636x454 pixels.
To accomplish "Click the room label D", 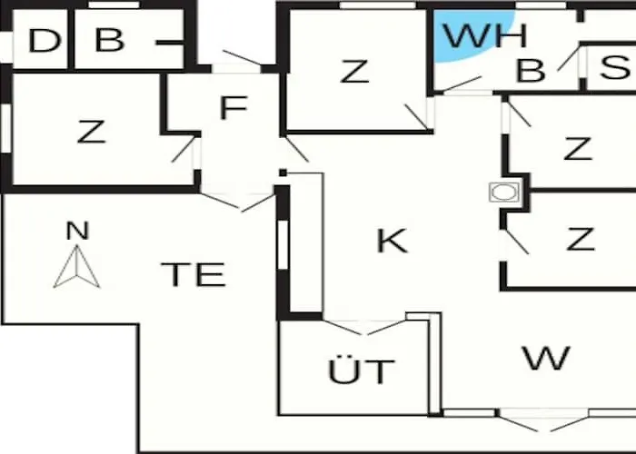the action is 45,41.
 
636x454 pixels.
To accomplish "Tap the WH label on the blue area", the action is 484,35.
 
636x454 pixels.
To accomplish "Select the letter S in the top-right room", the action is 615,67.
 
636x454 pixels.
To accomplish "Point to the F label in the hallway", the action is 234,107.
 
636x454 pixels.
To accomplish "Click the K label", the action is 392,241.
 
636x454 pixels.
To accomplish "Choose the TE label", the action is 193,274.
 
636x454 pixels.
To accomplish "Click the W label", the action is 546,358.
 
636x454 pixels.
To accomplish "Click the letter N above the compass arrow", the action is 77,231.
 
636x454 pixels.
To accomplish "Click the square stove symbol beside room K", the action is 504,192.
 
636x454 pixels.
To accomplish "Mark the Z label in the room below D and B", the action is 91,132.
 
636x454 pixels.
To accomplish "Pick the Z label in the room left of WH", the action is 354,72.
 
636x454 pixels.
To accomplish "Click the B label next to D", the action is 110,40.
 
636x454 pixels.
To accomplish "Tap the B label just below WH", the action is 531,71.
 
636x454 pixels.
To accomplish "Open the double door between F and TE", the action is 238,202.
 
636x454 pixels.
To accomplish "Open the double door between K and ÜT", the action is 365,328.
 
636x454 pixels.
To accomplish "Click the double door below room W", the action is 543,420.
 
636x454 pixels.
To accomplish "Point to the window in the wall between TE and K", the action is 283,244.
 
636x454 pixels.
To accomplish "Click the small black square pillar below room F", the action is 283,173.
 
